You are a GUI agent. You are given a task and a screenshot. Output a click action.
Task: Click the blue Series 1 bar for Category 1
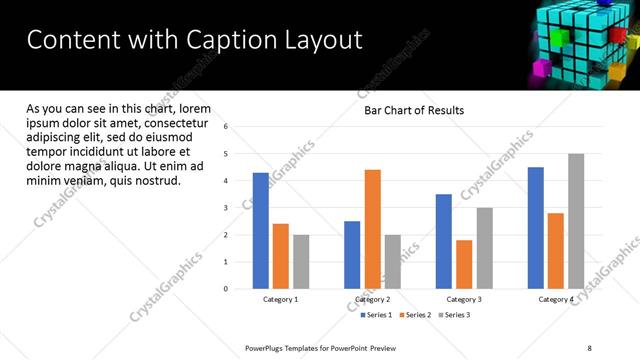pos(260,231)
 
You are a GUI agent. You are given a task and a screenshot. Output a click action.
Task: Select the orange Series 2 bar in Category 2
pos(372,229)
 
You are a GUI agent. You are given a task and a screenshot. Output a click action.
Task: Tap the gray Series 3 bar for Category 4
pos(576,221)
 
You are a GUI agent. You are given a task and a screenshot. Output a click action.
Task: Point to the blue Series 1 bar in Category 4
pos(535,228)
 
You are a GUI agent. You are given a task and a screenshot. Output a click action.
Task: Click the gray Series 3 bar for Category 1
pos(301,262)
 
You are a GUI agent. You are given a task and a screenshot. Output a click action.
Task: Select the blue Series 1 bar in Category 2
pos(352,255)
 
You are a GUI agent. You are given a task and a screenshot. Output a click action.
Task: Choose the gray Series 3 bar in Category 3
pos(484,248)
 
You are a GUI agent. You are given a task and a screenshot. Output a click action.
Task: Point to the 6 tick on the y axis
pos(226,127)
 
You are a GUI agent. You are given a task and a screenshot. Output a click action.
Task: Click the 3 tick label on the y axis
pos(226,208)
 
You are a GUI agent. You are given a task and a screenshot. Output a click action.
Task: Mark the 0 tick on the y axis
pos(226,289)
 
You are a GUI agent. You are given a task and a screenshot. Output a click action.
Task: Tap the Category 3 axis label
pos(464,300)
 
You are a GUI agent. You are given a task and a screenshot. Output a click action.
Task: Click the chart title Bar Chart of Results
pos(413,110)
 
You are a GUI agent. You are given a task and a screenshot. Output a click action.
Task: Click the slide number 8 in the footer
pos(589,347)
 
